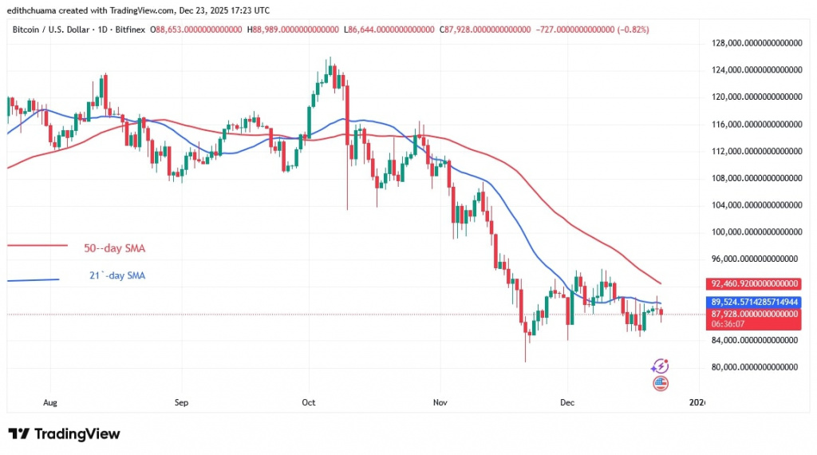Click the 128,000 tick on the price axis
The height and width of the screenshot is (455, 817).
(x=754, y=43)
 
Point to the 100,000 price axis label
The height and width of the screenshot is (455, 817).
(x=754, y=232)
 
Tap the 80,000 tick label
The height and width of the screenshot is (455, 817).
(x=754, y=367)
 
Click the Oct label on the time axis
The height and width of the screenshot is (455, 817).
(x=307, y=403)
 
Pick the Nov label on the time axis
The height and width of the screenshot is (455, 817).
(x=438, y=403)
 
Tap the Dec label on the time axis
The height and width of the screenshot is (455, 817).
(x=567, y=403)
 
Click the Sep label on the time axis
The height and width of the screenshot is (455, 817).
(x=180, y=403)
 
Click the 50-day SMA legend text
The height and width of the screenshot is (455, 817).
(x=114, y=248)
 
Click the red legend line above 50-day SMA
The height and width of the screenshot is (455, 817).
(x=37, y=247)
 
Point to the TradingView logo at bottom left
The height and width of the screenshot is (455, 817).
(x=64, y=433)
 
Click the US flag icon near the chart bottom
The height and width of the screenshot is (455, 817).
(x=660, y=384)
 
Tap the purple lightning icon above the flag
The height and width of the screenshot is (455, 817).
(x=660, y=366)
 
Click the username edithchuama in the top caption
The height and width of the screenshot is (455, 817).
(x=35, y=10)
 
